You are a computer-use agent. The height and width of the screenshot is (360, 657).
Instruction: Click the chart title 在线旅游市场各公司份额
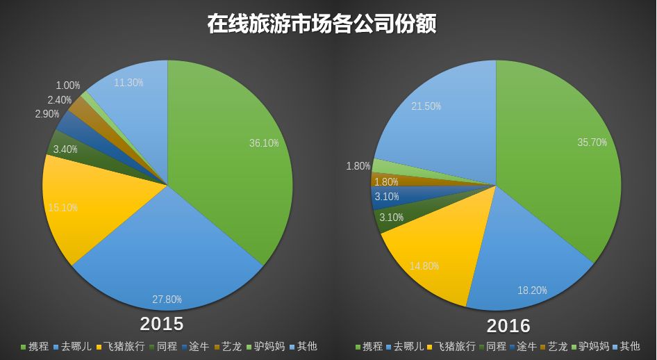click(x=322, y=24)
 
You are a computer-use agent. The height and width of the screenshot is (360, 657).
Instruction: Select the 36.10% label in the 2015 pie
click(x=264, y=143)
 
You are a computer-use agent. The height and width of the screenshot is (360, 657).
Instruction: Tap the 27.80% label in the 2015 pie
click(x=167, y=300)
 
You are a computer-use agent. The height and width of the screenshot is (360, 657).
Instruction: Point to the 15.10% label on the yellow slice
click(x=63, y=208)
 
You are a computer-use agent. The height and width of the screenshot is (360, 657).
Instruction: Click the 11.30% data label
click(x=128, y=83)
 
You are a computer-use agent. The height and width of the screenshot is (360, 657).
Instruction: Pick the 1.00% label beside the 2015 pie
click(x=68, y=85)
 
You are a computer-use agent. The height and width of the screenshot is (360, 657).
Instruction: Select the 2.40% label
click(x=60, y=100)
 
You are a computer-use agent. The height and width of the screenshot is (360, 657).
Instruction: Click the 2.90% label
click(x=47, y=114)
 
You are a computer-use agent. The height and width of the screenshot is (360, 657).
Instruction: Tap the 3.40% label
click(x=65, y=149)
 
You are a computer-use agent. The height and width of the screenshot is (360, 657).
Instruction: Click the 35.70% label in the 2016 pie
click(x=592, y=142)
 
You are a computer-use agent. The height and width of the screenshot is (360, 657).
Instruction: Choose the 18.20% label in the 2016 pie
click(x=532, y=290)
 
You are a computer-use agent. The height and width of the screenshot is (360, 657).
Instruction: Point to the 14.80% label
click(x=424, y=265)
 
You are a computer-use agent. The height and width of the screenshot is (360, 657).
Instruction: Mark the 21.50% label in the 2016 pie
click(x=426, y=106)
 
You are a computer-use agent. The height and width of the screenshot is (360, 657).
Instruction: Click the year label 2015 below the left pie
click(x=162, y=324)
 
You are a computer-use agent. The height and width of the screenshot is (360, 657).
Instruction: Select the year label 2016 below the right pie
click(x=508, y=325)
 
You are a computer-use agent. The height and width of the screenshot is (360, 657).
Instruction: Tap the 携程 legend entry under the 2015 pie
click(x=35, y=346)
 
